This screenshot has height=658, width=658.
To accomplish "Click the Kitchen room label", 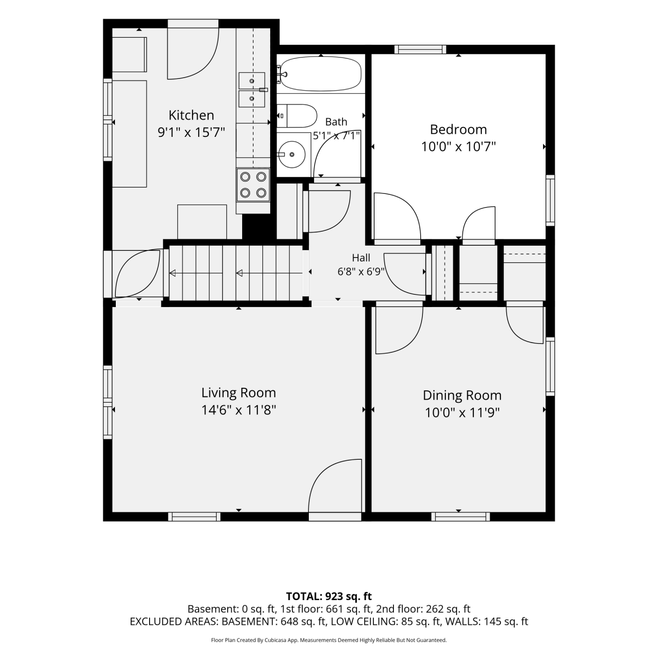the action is (x=191, y=115).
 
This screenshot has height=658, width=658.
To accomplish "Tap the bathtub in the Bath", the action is (x=321, y=74).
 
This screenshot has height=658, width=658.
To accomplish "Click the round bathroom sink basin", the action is (x=292, y=154).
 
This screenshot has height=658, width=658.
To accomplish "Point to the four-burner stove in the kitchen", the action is (x=253, y=185).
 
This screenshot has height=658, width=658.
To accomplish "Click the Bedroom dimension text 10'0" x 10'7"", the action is (x=458, y=147).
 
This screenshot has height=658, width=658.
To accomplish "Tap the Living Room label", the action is (x=239, y=393).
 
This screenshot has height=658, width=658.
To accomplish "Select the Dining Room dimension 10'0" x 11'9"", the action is (x=462, y=413).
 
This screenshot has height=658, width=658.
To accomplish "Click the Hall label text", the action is (x=361, y=258).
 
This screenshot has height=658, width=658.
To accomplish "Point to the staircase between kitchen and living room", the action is (x=237, y=273).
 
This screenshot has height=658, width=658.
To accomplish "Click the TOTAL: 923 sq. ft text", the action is (x=329, y=597).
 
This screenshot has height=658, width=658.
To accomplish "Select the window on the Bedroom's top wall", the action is (x=420, y=50).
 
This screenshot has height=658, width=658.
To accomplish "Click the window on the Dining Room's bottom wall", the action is (x=461, y=517).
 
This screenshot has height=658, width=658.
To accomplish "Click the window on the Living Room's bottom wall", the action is (x=194, y=517).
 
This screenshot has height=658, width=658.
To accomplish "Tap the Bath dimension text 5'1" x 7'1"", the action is (x=336, y=136).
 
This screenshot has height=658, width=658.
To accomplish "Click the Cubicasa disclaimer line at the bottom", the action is (x=329, y=640).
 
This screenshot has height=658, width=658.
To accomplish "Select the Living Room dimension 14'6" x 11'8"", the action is (x=239, y=410).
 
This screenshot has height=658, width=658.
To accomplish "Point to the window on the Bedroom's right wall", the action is (x=551, y=200).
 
